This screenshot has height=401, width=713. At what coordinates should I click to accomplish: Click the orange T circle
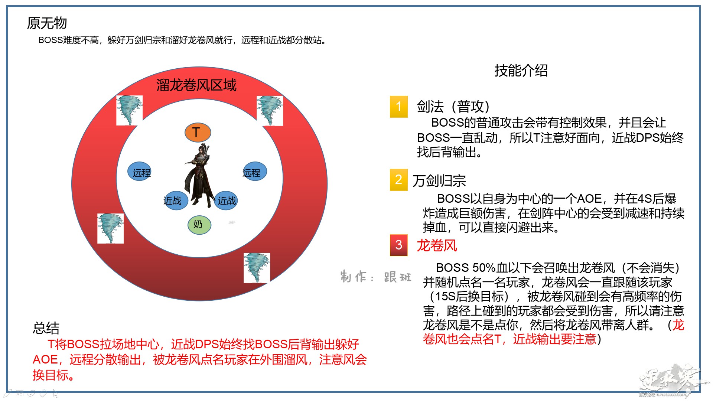pos(198,132)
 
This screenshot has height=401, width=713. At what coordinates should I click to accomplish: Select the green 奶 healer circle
pos(199,225)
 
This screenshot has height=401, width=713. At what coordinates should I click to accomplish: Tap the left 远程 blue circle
pos(140,172)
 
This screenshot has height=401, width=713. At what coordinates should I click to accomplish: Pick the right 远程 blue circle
pos(254,171)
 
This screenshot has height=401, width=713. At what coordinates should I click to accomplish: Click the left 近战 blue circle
pos(175,200)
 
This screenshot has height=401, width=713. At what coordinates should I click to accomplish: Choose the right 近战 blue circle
pos(226,200)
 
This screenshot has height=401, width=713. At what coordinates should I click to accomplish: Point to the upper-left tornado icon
pos(129,110)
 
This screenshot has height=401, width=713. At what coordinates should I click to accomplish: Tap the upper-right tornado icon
pos(270,111)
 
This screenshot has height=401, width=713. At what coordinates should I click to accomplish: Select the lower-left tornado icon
pos(110,228)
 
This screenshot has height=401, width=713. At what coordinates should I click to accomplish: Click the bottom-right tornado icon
pos(257,268)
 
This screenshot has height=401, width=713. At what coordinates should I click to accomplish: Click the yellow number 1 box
pos(399,107)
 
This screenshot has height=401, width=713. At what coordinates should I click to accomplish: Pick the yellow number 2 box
pos(399,180)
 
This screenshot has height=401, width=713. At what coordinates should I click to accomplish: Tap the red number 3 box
pos(399,245)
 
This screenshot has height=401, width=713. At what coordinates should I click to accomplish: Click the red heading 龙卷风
pos(437,245)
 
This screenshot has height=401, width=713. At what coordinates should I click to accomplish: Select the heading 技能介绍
pos(521,70)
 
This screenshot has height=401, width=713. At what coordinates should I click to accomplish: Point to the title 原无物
pos(47,23)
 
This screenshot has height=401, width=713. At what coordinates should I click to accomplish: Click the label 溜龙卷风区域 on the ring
pos(196,85)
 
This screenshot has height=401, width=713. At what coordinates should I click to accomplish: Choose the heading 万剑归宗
pos(439,181)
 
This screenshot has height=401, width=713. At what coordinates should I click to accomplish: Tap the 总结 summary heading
pos(46,328)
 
